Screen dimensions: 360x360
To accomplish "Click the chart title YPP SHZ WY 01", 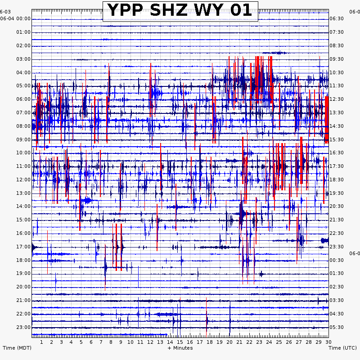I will [180, 10].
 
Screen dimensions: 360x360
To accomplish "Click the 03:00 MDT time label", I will [23, 59].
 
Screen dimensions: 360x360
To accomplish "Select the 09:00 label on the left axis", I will [23, 139].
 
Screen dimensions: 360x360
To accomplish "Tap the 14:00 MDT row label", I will [23, 207].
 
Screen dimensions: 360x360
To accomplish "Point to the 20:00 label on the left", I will [23, 287].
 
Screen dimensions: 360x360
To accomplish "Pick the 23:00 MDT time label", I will [23, 327].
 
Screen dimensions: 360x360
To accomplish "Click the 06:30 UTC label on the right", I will [337, 18].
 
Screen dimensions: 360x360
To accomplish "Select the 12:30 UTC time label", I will [337, 99].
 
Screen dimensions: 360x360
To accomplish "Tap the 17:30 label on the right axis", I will [337, 166].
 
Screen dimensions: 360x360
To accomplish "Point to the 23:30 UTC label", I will [337, 247].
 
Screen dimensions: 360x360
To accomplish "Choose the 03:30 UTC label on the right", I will [337, 300].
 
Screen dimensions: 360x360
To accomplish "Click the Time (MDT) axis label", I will [17, 348].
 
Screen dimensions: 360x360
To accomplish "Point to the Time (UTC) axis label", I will [343, 348].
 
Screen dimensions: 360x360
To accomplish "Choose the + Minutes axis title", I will [180, 348].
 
